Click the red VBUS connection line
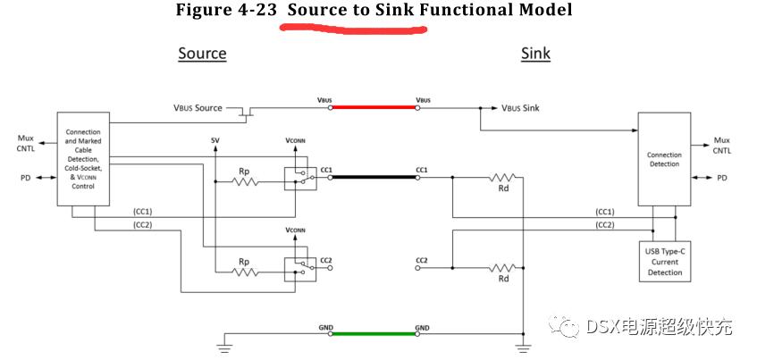374,107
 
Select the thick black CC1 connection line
374,177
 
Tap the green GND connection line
374,333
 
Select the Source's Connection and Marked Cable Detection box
83,158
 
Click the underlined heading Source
202,54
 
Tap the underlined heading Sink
535,54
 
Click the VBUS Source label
198,108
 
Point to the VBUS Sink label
520,108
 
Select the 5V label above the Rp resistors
215,141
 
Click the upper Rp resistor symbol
243,181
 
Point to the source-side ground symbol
223,345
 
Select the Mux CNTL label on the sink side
721,145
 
